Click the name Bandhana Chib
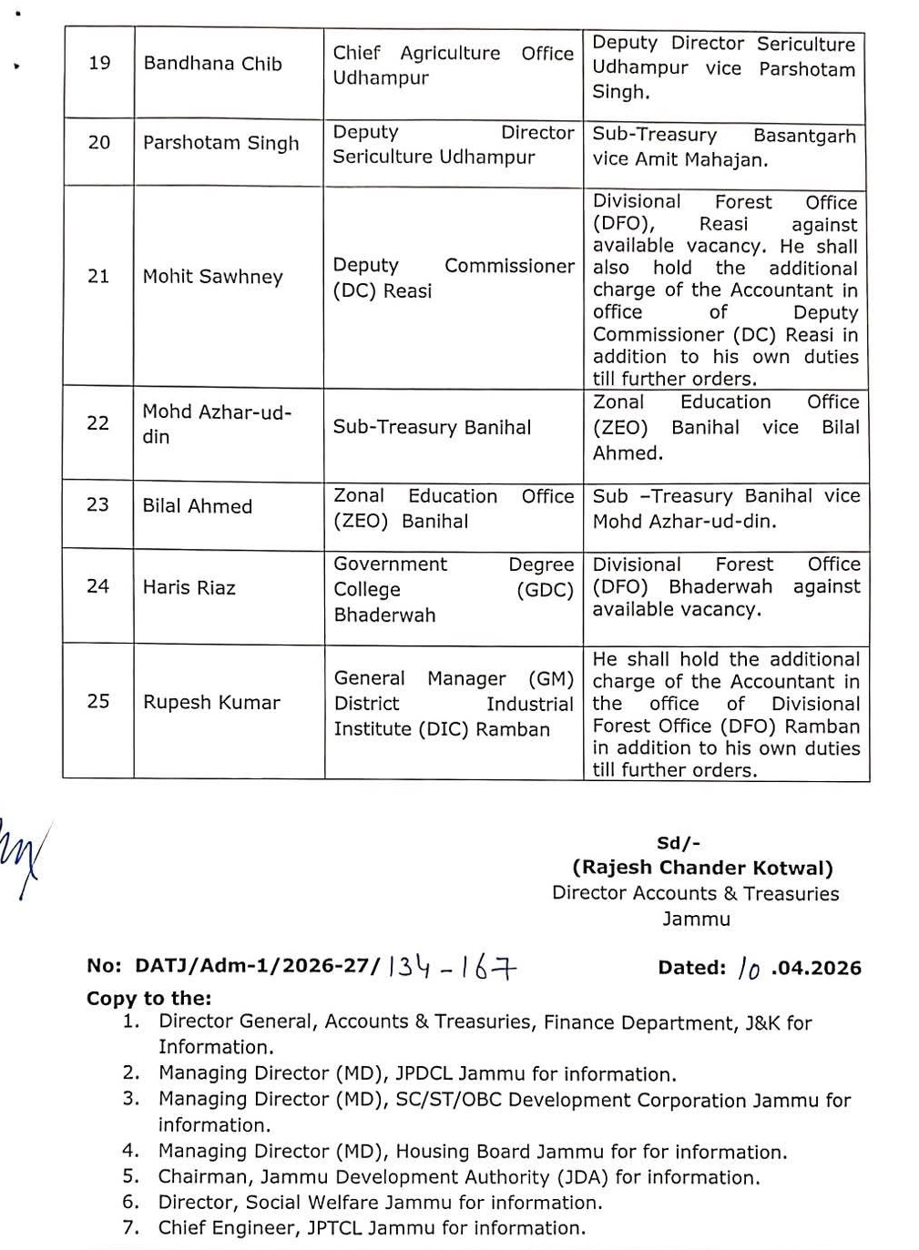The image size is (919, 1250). pos(212,64)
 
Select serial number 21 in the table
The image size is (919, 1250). pos(98,276)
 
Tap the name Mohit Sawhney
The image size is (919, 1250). pos(212,277)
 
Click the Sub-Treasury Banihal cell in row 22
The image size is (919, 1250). pos(432,427)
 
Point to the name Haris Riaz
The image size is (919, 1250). pos(189,587)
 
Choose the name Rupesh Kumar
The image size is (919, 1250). pos(211,702)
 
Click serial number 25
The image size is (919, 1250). pos(98,701)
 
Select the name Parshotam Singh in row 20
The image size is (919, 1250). pos(220,143)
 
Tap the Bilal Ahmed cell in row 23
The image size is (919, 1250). pos(197,506)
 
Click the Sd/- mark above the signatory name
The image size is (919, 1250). pos(679,844)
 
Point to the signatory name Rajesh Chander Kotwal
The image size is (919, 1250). pos(702,869)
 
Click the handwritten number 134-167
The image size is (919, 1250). pos(452,968)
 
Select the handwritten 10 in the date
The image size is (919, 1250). pos(749,969)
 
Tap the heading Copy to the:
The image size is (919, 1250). pos(148,998)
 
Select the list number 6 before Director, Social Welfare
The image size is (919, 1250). pos(131,1203)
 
